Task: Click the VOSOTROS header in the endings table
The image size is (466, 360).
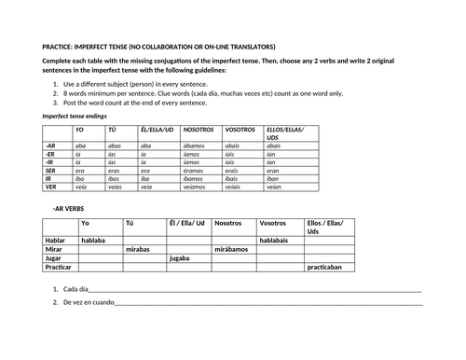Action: pos(240,130)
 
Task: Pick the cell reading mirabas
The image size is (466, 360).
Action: pos(138,249)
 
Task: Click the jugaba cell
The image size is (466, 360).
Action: pos(181,258)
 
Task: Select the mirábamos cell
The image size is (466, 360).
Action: pos(230,249)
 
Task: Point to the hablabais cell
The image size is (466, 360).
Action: pos(276,240)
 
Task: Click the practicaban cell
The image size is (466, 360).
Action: pos(326,268)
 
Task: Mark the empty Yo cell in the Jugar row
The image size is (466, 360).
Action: pos(101,258)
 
